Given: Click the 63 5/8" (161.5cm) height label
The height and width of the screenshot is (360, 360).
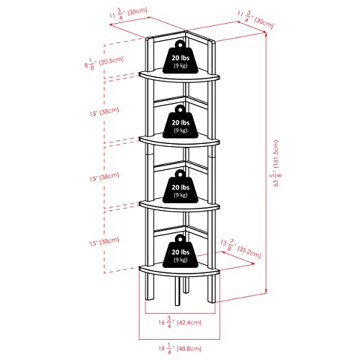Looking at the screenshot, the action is [276, 163].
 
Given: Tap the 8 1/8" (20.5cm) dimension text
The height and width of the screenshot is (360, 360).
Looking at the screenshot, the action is [104, 63].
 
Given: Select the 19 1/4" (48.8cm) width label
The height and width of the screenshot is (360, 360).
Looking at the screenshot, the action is [180, 348].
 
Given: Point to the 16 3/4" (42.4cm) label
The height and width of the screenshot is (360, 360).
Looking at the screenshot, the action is [180, 322].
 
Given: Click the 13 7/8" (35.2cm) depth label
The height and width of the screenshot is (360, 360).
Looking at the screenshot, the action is [240, 248].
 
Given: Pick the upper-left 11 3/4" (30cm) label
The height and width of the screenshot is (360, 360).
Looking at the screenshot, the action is [128, 14].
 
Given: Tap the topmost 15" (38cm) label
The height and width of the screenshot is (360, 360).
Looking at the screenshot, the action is [104, 112].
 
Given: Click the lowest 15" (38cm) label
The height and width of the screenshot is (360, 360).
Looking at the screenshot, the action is [104, 241].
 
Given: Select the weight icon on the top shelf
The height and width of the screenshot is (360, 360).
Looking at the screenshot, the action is [180, 58].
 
